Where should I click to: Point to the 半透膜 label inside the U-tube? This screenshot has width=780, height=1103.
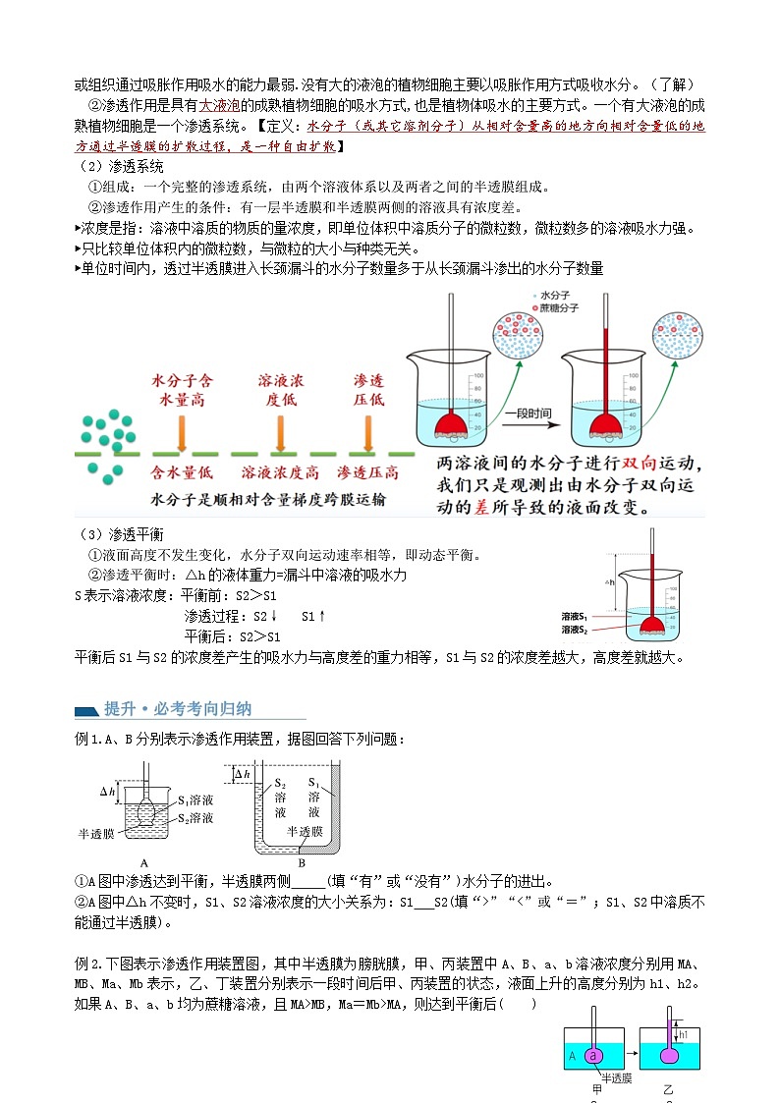304,830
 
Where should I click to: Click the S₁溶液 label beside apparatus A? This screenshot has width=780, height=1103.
195,800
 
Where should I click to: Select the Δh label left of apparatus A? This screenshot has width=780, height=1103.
108,791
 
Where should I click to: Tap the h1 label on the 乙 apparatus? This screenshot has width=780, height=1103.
685,1033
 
